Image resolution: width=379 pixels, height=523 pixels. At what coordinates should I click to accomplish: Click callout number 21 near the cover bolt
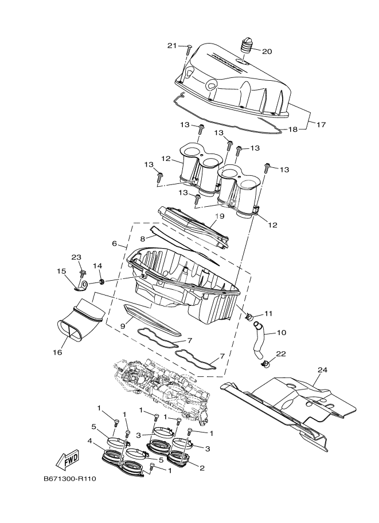coord(173,45)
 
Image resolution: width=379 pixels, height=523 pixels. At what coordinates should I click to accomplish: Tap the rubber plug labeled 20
coord(247,46)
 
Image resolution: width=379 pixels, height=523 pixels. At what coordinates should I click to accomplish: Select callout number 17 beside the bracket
coord(320,124)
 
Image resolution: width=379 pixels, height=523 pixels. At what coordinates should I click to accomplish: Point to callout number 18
coord(292,129)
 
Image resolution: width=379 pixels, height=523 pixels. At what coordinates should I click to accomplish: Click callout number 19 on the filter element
coord(219,217)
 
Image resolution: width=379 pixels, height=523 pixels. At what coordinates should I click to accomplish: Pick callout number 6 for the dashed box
coord(115,243)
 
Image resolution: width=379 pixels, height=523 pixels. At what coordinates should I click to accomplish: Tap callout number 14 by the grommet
coord(97,266)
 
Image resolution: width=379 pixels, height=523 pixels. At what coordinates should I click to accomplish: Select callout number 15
coord(61,271)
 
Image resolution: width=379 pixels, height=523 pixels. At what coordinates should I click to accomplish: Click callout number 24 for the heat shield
coord(322,370)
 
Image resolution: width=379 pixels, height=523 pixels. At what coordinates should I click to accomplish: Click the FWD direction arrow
coord(67,459)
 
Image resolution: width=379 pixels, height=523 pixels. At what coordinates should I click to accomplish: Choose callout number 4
coord(89,441)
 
